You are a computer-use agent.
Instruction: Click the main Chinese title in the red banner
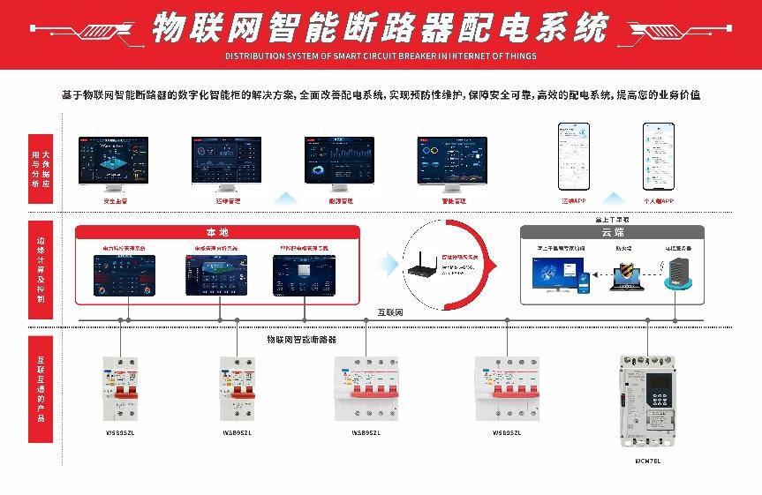tap(380, 28)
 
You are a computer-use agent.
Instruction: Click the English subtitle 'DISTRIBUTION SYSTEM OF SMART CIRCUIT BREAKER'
tap(380, 56)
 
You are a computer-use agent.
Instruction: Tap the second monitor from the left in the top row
tap(228, 164)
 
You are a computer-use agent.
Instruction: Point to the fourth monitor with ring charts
tap(452, 164)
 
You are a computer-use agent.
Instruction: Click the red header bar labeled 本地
tap(217, 232)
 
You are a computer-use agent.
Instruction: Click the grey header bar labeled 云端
tap(612, 232)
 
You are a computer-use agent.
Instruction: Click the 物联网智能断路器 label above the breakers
tap(302, 339)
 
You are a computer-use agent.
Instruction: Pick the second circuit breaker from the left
tap(237, 388)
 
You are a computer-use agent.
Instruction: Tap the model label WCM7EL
tap(647, 460)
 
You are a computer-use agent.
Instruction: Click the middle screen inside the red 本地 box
tap(217, 274)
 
